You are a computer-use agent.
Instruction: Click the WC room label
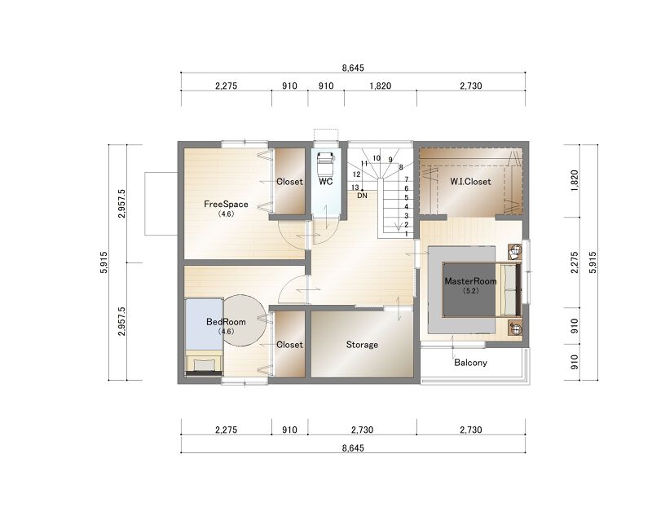click(325, 182)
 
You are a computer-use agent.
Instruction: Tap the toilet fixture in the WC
click(325, 163)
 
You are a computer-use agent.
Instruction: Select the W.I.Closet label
click(470, 182)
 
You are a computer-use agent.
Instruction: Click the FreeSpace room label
click(226, 205)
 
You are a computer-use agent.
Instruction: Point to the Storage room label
click(362, 345)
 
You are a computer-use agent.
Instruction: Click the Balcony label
click(470, 363)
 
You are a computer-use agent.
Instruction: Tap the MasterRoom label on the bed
click(470, 281)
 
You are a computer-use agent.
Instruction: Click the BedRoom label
click(226, 322)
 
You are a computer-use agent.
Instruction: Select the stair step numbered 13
click(355, 188)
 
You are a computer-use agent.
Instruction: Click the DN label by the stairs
click(362, 195)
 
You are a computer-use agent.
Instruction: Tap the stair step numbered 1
click(406, 234)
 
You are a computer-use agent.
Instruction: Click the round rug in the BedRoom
click(244, 320)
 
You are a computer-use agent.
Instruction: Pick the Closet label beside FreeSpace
click(289, 182)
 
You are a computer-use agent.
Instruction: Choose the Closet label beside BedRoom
click(289, 345)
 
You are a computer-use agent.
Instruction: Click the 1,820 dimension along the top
click(380, 86)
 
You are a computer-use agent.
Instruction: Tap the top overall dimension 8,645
click(353, 68)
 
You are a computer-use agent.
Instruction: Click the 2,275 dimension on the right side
click(575, 262)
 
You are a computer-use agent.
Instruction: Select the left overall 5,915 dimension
click(104, 262)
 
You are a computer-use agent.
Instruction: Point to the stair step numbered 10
click(377, 158)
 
